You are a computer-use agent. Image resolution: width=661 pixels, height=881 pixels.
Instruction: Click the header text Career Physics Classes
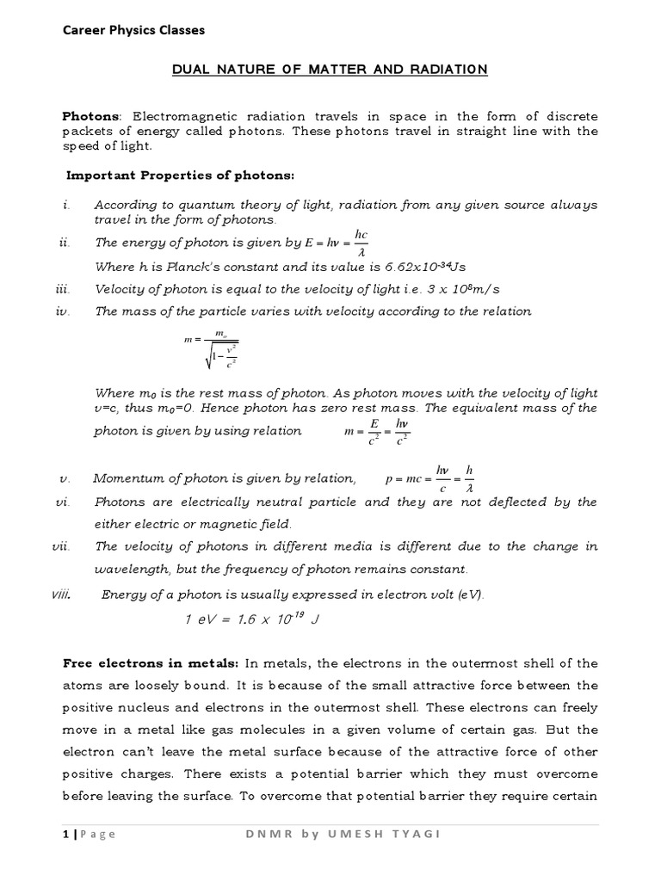[x=135, y=30]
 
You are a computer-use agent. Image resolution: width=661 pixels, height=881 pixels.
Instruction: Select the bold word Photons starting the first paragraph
[x=93, y=116]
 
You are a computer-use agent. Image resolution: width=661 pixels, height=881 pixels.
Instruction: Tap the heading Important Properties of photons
[x=181, y=176]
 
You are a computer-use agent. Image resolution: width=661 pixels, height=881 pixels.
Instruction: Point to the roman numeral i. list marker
[x=65, y=206]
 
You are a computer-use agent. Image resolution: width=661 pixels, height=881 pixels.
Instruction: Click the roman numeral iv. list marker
[x=62, y=311]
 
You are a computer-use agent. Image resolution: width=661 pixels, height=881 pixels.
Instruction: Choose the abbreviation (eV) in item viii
[x=468, y=593]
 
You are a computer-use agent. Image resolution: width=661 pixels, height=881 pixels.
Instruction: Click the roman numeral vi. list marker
[x=62, y=502]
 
